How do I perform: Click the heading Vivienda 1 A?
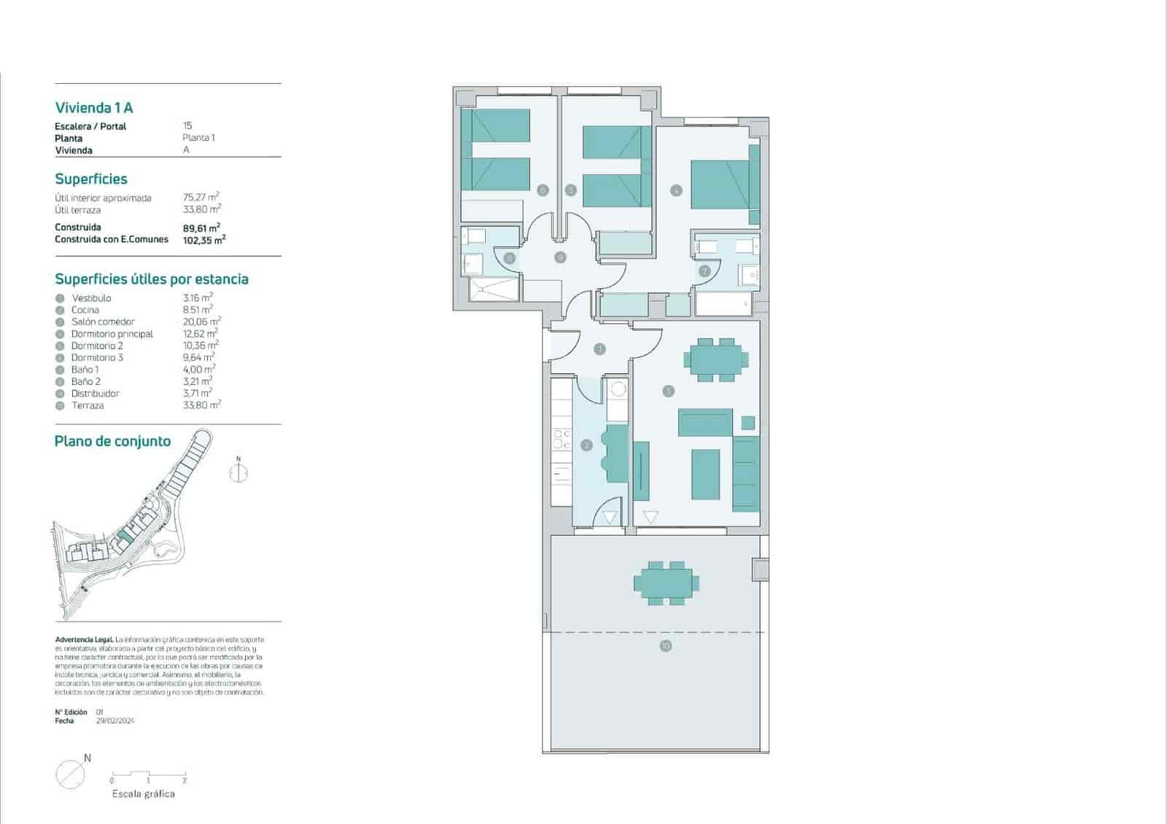(x=94, y=108)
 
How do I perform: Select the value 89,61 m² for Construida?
(x=201, y=228)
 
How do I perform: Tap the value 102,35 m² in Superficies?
(x=203, y=239)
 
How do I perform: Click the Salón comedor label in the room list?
(x=103, y=322)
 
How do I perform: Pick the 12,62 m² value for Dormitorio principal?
(x=200, y=334)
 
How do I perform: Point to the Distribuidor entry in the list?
(x=95, y=394)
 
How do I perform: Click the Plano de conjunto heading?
(x=112, y=441)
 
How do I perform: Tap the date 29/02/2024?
(x=115, y=721)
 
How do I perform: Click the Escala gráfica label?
(x=143, y=794)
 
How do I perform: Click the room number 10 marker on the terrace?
(x=665, y=646)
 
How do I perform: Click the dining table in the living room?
(x=716, y=359)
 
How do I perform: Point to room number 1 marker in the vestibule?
(x=600, y=349)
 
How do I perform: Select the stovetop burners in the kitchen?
(x=562, y=439)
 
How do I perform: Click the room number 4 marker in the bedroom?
(x=676, y=191)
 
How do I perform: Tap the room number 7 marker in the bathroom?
(x=704, y=271)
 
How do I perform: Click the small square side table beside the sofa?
(x=748, y=422)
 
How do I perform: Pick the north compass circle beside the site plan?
(x=239, y=473)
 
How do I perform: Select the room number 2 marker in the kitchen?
(x=586, y=445)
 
